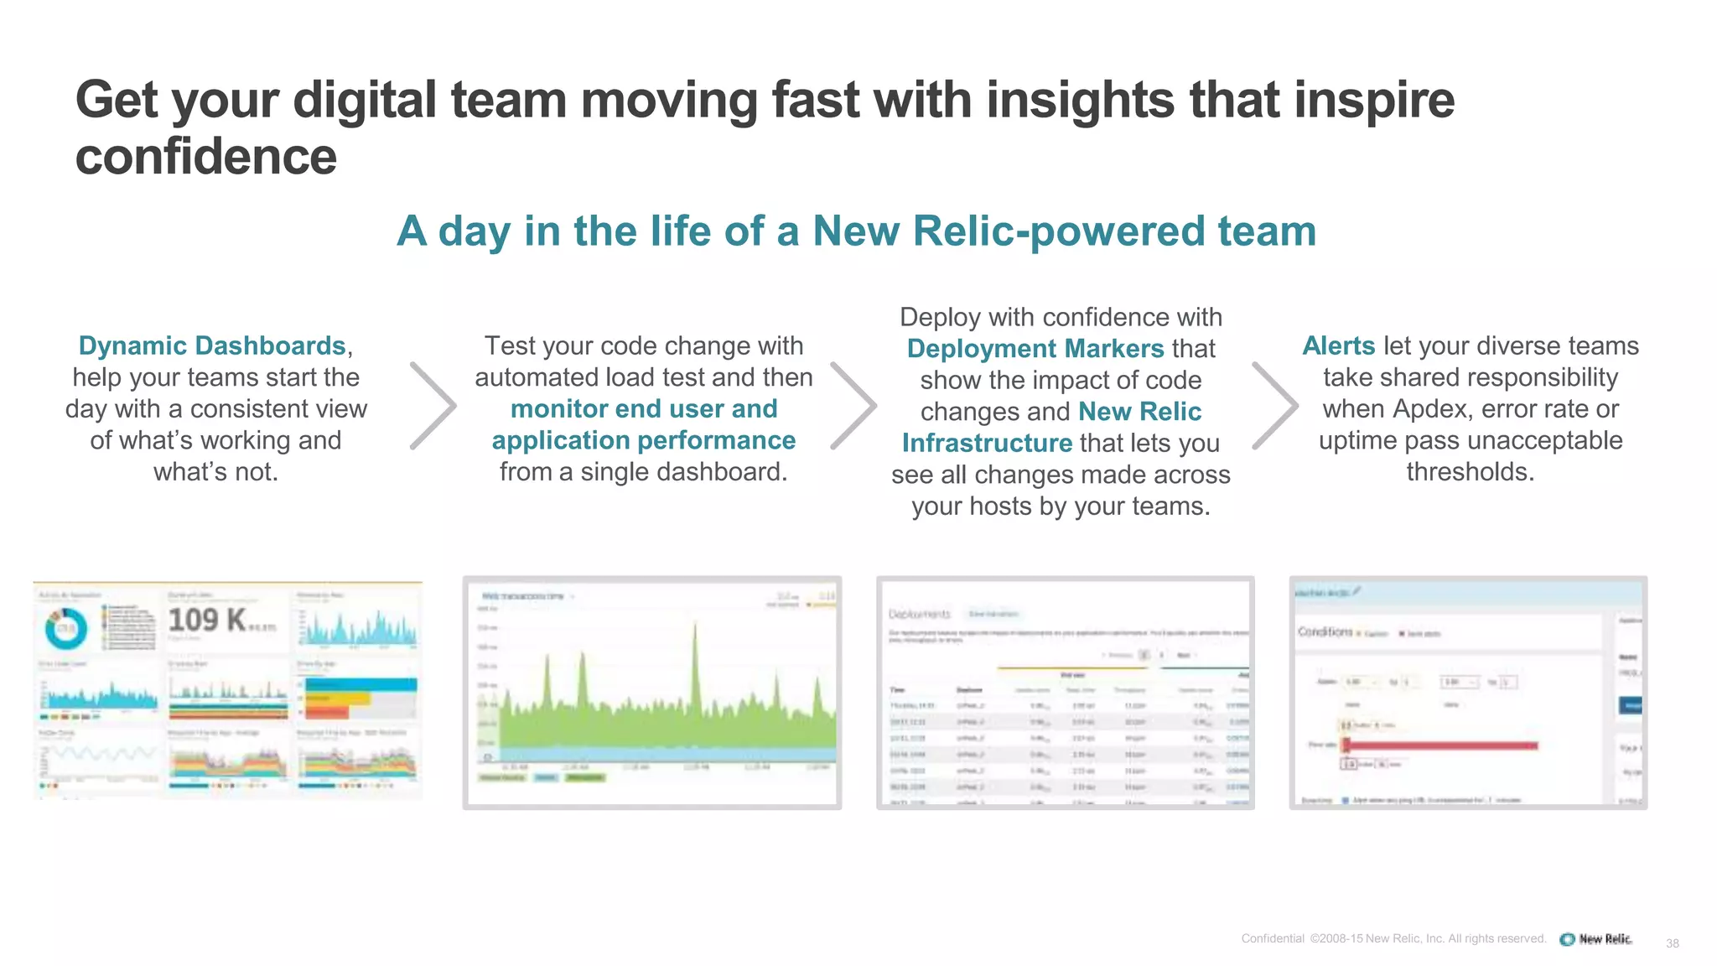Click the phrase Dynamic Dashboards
(x=211, y=345)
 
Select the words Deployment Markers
(x=1035, y=348)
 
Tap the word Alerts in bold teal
(x=1338, y=345)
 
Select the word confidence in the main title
(x=206, y=157)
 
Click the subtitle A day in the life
(x=856, y=231)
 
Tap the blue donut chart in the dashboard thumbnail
(x=65, y=628)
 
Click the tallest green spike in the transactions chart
(x=695, y=654)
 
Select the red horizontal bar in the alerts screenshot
(x=1442, y=745)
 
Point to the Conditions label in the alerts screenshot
(x=1325, y=631)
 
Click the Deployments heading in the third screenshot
(x=919, y=614)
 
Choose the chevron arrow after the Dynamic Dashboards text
(x=434, y=406)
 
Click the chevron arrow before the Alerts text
(x=1275, y=406)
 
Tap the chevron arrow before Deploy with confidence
(x=853, y=406)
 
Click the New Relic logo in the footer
(x=1596, y=939)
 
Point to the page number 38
(x=1672, y=943)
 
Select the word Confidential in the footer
(x=1272, y=938)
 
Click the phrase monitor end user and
(x=644, y=408)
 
